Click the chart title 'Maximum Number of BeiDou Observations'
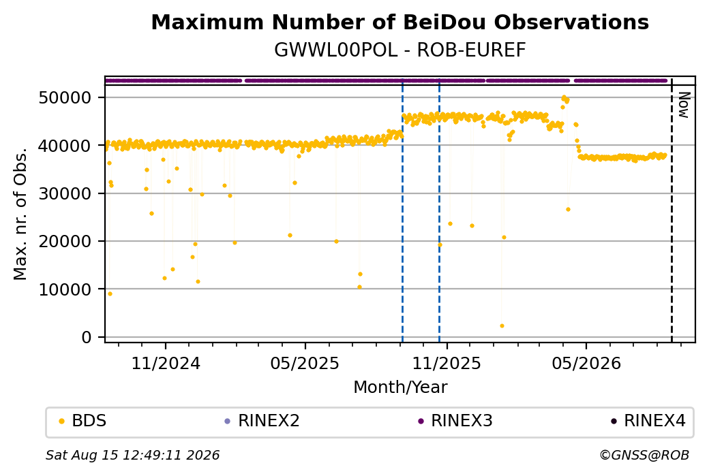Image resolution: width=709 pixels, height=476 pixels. [399, 22]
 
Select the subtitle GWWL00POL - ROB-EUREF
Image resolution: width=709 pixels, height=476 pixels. [399, 50]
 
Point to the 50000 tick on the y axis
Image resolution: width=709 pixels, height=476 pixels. [65, 97]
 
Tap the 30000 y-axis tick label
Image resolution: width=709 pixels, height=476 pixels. [65, 193]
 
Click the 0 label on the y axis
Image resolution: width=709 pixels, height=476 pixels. [87, 337]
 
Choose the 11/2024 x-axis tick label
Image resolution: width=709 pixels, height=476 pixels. [166, 363]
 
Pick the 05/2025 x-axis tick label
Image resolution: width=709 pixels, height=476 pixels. [305, 363]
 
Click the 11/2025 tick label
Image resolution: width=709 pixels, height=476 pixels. [447, 363]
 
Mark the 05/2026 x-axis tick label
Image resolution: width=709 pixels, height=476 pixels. [586, 363]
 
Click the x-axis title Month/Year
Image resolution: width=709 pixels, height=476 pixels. [400, 387]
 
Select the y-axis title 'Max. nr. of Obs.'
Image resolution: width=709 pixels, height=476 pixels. [20, 214]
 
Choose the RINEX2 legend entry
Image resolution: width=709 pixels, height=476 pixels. [262, 421]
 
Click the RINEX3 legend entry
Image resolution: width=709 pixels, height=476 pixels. [455, 421]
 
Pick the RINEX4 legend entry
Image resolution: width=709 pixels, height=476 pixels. [648, 421]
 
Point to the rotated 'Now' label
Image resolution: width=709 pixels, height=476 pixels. [684, 106]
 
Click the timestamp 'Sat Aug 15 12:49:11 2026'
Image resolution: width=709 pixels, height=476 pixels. [132, 455]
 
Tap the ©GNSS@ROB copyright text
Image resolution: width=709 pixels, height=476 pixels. [644, 455]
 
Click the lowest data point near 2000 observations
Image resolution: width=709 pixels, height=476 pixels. [502, 326]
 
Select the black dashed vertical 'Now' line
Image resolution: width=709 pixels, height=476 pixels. [672, 210]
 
